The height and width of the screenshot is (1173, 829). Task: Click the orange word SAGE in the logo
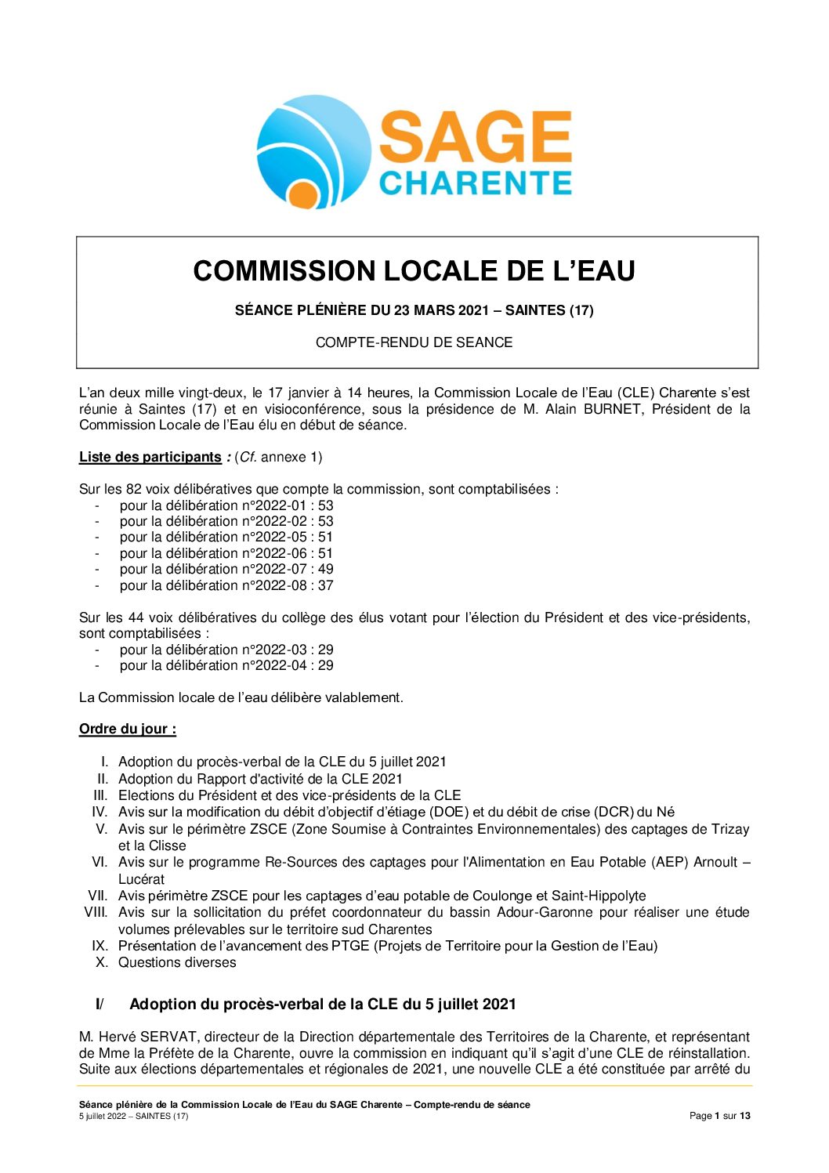(475, 136)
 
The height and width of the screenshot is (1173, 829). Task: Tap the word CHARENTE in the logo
(475, 183)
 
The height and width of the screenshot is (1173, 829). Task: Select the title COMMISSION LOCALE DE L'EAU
(414, 271)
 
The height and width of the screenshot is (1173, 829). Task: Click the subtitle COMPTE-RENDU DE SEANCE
(414, 342)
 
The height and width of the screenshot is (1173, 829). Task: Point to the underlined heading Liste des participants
(150, 457)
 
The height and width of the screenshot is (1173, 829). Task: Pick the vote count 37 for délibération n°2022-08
(326, 585)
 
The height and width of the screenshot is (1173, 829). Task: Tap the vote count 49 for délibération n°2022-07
(326, 569)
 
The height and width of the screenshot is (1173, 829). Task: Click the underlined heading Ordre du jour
(127, 730)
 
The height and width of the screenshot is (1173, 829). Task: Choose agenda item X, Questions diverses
(177, 962)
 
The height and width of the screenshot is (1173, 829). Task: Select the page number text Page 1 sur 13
(719, 1116)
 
